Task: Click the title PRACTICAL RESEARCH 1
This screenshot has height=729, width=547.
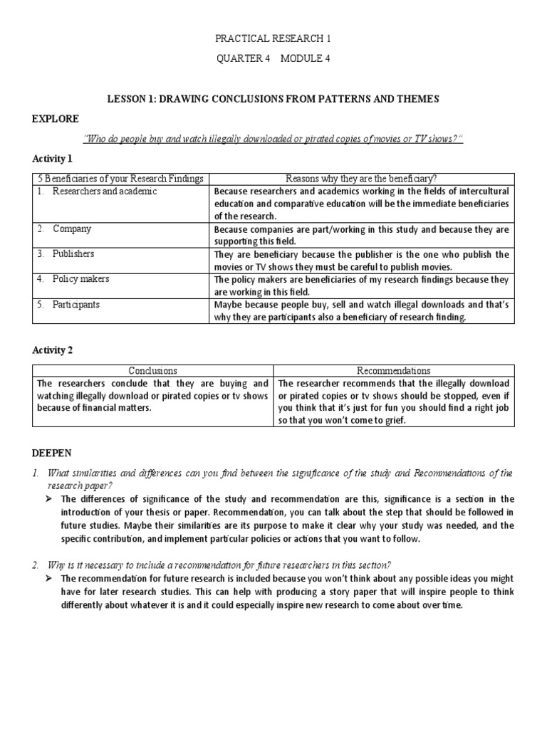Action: coord(273,38)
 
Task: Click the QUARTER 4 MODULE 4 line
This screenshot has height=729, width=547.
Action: coord(273,59)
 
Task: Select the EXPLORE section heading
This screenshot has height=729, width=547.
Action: coord(55,118)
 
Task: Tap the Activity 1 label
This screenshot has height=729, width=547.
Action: coord(53,158)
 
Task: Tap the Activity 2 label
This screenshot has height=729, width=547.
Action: coord(53,350)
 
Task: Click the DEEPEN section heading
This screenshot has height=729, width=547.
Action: coord(52,453)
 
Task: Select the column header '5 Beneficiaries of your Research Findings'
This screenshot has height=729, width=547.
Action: coord(120,178)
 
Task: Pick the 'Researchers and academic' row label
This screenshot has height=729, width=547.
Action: coord(104,192)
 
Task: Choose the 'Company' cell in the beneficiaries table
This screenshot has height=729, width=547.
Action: coord(71,229)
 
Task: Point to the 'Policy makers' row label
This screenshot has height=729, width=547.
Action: coord(80,279)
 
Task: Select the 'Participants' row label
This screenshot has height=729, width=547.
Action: coord(75,304)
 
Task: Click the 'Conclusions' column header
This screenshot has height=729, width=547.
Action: coord(152,370)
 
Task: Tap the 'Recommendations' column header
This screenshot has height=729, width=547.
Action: coord(393,370)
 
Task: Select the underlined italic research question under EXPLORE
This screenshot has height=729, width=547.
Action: coord(273,138)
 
